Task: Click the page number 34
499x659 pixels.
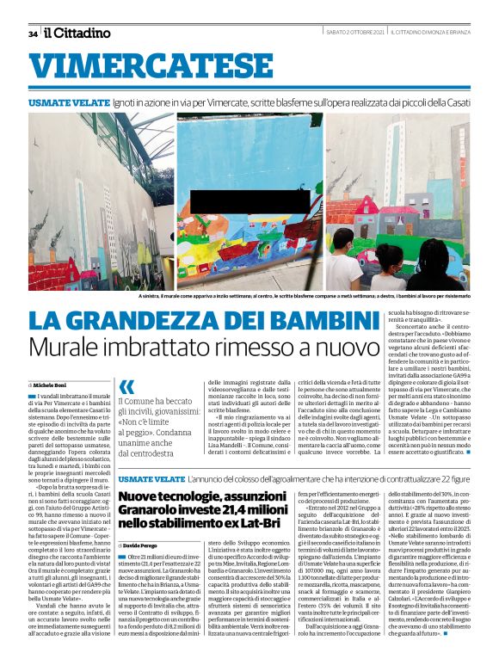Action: click(33, 34)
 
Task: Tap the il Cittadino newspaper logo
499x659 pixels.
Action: click(77, 33)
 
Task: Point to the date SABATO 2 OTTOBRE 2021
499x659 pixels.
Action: click(354, 34)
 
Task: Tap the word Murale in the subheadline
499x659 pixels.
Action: click(70, 348)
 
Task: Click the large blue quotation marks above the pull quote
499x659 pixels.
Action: click(127, 387)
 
